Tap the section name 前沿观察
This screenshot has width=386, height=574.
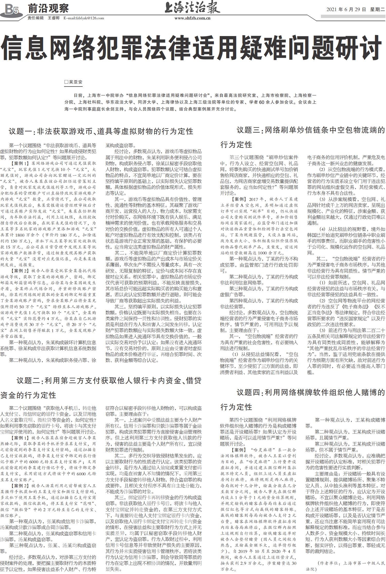(x=48, y=9)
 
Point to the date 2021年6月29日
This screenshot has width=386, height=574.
(x=346, y=10)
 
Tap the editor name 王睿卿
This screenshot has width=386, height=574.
(x=54, y=18)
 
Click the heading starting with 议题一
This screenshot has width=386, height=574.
(x=101, y=131)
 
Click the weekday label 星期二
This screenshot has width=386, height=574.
(x=377, y=10)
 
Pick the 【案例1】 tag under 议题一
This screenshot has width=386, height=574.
(x=20, y=164)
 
